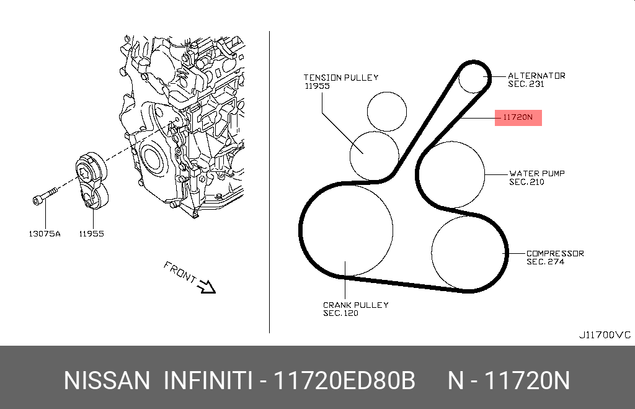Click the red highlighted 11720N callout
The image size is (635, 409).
pyautogui.click(x=518, y=117)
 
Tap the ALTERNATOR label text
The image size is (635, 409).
pyautogui.click(x=536, y=76)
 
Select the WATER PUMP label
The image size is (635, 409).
pyautogui.click(x=537, y=174)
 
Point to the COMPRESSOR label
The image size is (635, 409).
pyautogui.click(x=555, y=253)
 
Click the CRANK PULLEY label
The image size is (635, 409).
pyautogui.click(x=355, y=305)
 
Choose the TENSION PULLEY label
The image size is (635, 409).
pyautogui.click(x=341, y=78)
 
